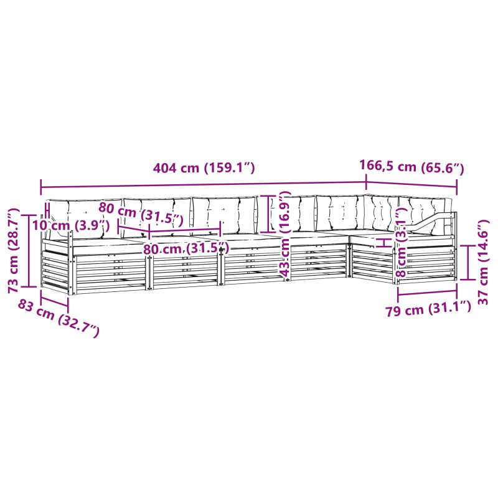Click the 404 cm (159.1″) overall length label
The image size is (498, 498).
point(204,167)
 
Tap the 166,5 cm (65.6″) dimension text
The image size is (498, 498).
point(411,167)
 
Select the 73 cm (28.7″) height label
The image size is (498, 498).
point(14,251)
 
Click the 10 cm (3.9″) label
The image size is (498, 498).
point(72,225)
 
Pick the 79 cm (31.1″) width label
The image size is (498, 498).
point(428,309)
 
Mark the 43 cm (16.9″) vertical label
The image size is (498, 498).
point(284,234)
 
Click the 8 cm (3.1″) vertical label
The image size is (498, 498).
point(402,242)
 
